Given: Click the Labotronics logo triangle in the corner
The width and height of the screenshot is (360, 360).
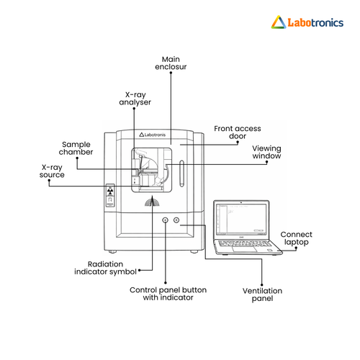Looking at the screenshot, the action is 279,22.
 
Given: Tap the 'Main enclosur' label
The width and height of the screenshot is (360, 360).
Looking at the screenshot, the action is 171,63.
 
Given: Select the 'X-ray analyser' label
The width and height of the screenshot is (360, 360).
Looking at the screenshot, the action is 135,99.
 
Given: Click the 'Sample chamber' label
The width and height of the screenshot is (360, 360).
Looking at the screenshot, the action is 76,148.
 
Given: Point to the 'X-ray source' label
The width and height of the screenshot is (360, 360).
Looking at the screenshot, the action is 52,171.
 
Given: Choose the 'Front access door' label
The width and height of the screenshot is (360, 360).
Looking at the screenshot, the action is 238,132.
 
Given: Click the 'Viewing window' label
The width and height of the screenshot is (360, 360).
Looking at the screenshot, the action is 266,152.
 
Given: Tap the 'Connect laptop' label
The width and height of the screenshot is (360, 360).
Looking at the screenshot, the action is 297,238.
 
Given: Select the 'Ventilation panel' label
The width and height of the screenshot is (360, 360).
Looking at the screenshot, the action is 262,294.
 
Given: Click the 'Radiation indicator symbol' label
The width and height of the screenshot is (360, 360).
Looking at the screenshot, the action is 105,268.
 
